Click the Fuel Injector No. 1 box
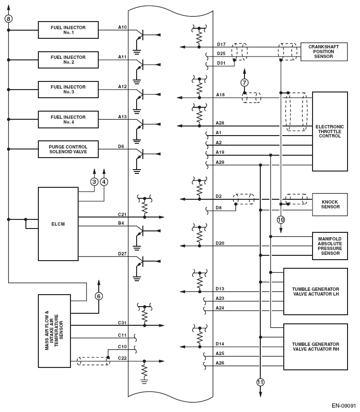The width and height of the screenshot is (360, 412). coord(68,30)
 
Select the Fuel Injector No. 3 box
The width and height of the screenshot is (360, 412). coord(68,90)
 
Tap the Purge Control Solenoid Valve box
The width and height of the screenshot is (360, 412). coord(68,149)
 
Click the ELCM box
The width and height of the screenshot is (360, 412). coord(58,224)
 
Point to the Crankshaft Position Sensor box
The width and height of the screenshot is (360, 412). coord(324,52)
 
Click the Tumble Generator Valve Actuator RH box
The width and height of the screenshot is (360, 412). coord(315,347)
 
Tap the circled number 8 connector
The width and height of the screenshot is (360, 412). coord(8,18)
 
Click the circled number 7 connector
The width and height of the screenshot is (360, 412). coord(244,82)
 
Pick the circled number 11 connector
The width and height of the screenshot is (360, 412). coord(260,382)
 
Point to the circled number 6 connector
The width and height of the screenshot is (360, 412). coord(99,296)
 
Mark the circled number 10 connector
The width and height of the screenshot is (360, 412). coord(281,220)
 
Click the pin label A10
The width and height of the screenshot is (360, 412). coord(123,27)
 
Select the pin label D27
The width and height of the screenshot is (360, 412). coord(123,253)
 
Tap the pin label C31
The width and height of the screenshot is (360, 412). coord(123,322)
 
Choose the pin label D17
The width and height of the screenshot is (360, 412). coord(221,45)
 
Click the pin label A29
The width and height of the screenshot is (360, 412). coord(220,162)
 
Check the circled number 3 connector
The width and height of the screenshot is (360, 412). coord(94,182)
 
